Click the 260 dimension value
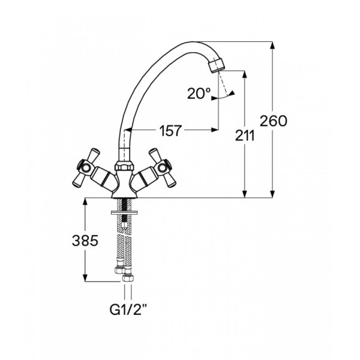click(274, 121)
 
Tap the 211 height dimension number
click(245, 136)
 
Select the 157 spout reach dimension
click(170, 131)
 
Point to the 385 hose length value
click(85, 241)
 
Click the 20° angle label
click(199, 94)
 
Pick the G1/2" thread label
click(128, 310)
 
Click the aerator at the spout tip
click(217, 64)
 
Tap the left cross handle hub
click(86, 167)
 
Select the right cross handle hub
click(163, 167)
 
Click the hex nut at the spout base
click(124, 166)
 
